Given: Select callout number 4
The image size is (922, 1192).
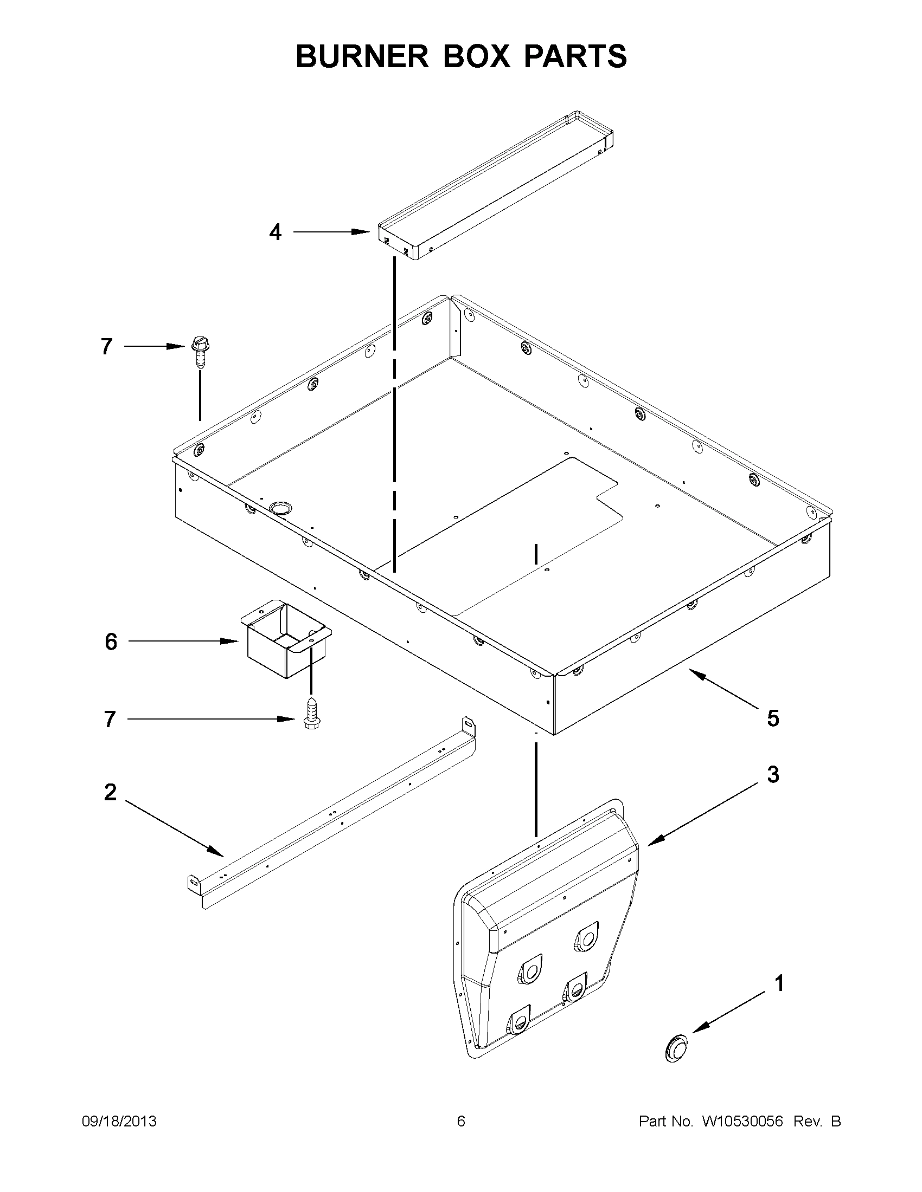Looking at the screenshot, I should [x=276, y=232].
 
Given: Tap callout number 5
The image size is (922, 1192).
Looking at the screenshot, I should [x=773, y=718].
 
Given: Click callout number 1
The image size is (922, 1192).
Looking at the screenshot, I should [x=779, y=983].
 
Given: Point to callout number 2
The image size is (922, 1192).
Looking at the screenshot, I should [x=111, y=792].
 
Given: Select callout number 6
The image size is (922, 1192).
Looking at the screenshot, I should [x=111, y=642].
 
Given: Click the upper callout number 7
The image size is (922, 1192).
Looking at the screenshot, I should [x=107, y=347].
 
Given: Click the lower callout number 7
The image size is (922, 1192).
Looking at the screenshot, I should [x=110, y=720].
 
